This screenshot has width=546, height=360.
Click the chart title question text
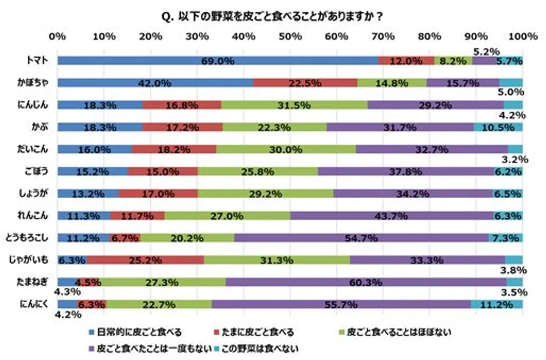272,14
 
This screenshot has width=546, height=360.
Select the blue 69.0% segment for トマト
218,61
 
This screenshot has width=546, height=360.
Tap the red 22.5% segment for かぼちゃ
305,83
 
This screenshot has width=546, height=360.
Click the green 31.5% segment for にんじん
294,105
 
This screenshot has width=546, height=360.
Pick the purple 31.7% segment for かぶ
400,127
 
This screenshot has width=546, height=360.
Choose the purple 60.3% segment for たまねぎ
366,282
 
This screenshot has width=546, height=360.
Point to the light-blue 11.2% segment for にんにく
497,304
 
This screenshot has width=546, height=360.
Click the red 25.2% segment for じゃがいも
145,260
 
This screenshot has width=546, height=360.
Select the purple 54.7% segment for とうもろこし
361,238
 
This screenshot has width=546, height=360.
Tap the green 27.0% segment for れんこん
227,216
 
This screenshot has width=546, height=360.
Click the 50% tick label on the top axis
290,36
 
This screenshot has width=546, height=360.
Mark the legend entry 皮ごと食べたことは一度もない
153,349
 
